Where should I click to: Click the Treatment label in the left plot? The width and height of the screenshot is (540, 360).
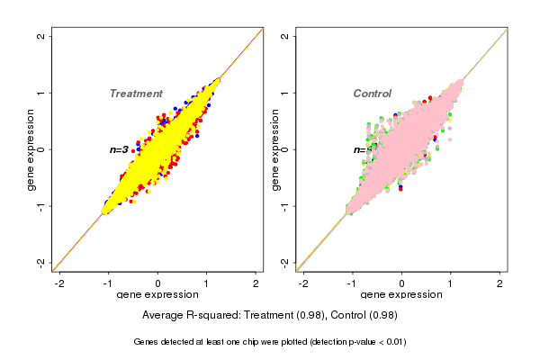tap(136, 94)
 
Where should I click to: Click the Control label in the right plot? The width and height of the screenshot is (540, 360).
tap(372, 94)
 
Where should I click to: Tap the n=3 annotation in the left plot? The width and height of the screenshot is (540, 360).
tap(119, 149)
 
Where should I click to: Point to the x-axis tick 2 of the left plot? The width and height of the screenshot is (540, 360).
tap(256, 283)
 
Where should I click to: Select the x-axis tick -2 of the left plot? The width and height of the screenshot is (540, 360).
tap(59, 283)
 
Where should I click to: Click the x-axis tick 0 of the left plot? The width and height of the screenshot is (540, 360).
tap(158, 283)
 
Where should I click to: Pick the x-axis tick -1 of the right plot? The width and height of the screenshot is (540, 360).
tap(353, 283)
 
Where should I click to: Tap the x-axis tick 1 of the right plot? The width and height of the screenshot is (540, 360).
tap(451, 283)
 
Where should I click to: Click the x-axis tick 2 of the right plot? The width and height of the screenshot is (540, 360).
tap(499, 283)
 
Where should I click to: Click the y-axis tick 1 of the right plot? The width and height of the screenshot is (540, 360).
tap(285, 93)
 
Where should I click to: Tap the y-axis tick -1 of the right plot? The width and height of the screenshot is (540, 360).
tap(285, 205)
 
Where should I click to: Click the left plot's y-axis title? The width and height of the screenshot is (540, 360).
tap(31, 149)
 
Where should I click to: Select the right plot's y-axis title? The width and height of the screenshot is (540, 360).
tap(275, 149)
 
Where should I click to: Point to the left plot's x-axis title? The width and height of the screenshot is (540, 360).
tap(157, 295)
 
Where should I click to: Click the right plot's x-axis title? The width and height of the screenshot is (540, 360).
tap(401, 295)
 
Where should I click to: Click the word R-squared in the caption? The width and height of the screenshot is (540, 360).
tap(209, 316)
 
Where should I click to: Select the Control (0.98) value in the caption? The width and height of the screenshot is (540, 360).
tap(364, 316)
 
